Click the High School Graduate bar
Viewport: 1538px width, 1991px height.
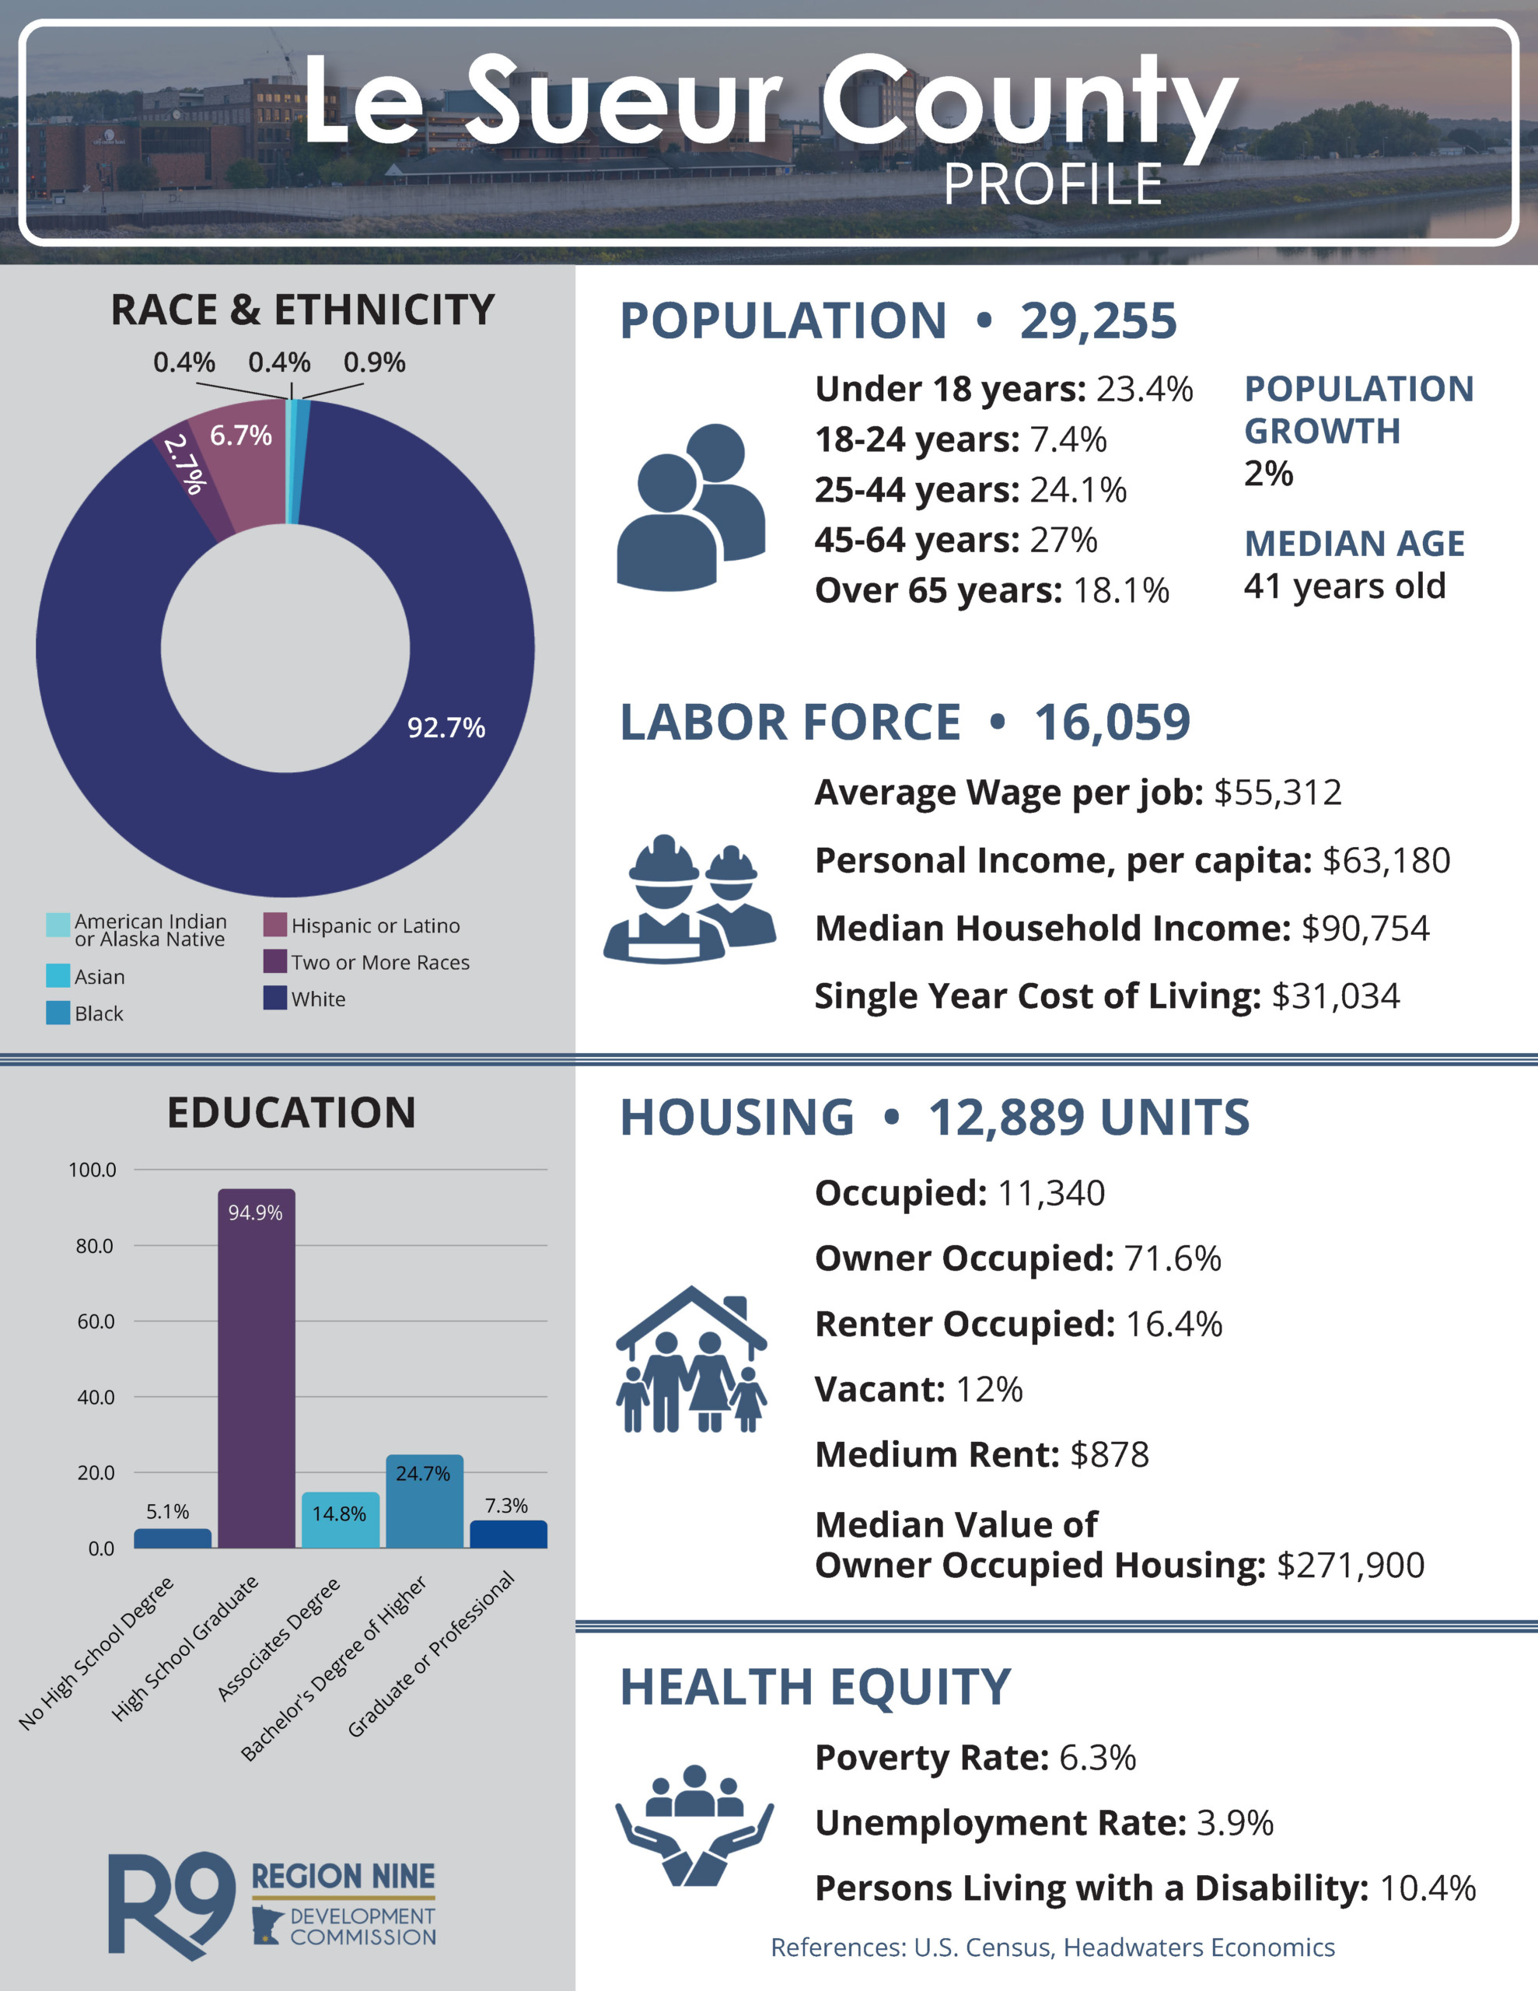(x=256, y=1367)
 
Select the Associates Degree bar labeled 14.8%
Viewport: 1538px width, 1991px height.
(x=340, y=1520)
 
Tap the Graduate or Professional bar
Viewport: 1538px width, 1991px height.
(x=509, y=1534)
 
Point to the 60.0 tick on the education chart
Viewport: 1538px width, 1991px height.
(x=96, y=1321)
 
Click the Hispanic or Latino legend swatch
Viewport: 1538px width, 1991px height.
(x=275, y=925)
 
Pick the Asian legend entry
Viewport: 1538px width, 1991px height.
(x=86, y=976)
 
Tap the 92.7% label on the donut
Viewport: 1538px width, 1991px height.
(x=446, y=727)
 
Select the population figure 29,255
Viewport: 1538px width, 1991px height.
(x=1099, y=321)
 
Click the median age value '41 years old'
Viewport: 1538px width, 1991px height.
(x=1344, y=586)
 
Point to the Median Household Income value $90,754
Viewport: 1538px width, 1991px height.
(x=1365, y=928)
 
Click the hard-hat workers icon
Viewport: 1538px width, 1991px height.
(x=689, y=898)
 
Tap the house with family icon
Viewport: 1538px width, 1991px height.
(x=691, y=1359)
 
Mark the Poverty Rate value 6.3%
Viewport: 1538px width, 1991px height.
(x=1098, y=1758)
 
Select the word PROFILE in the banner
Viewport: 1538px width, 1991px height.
(x=1053, y=185)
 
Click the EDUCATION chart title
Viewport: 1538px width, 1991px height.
(x=292, y=1113)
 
